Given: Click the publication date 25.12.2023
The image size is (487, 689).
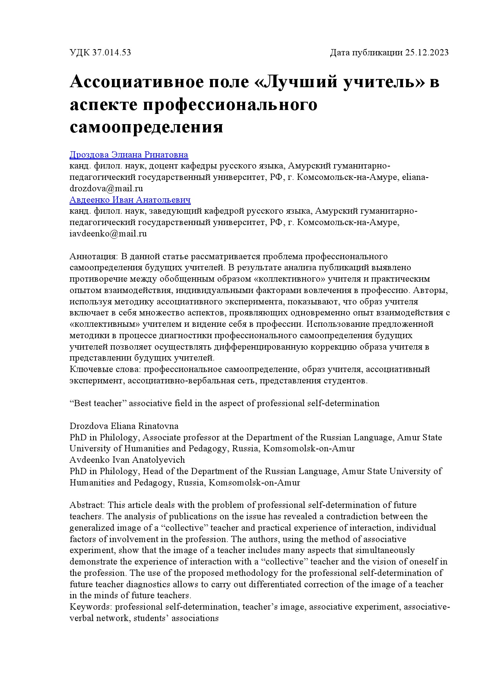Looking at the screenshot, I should pyautogui.click(x=427, y=53).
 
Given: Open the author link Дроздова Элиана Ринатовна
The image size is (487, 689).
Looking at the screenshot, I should pyautogui.click(x=129, y=155).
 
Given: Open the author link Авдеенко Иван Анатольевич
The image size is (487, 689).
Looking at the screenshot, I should pyautogui.click(x=130, y=200).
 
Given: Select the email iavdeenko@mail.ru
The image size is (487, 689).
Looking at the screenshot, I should pyautogui.click(x=108, y=234).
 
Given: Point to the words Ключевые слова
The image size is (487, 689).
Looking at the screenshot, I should pyautogui.click(x=105, y=369).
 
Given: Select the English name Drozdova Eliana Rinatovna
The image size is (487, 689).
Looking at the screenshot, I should pyautogui.click(x=124, y=426).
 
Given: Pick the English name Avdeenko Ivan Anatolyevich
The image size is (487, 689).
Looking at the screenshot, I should pyautogui.click(x=127, y=460).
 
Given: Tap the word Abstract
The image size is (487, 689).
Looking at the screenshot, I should pyautogui.click(x=87, y=505).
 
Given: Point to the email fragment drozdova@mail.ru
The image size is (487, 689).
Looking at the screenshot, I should pyautogui.click(x=106, y=189).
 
